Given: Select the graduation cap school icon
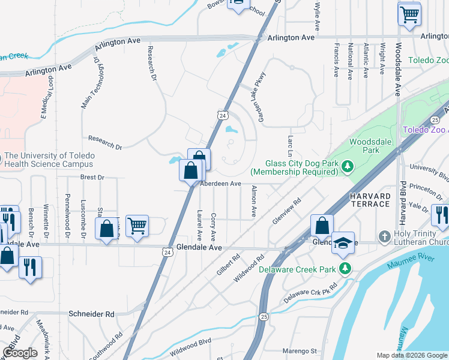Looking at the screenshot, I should tap(343, 243).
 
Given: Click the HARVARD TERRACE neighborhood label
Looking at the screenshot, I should tap(370, 200).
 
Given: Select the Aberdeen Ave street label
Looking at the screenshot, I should tap(221, 184).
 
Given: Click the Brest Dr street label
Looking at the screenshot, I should tap(92, 178).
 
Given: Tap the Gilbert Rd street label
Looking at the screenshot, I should tap(229, 265).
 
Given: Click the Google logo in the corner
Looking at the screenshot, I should tap(20, 352).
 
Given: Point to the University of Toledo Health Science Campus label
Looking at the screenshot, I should tap(49, 160).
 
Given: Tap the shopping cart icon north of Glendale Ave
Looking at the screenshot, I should tap(137, 226).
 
